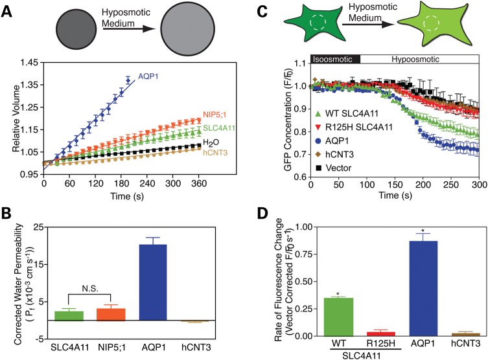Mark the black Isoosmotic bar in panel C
point(332,59)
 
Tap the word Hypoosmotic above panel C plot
point(409,59)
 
